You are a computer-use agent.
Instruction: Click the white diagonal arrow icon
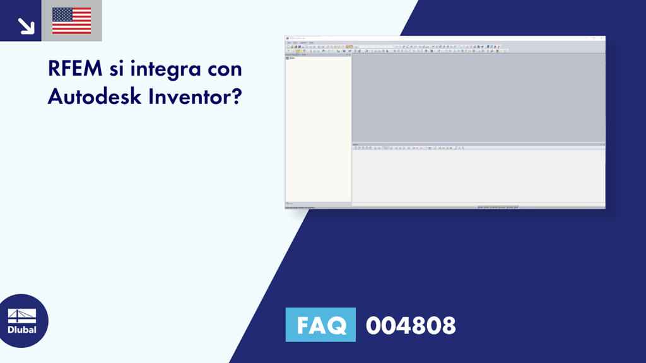click(x=26, y=25)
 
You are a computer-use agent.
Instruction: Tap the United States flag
click(x=71, y=21)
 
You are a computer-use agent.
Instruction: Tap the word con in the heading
click(x=222, y=69)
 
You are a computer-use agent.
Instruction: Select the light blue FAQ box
click(x=320, y=325)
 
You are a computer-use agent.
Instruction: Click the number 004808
click(x=411, y=326)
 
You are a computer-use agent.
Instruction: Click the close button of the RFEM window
click(x=602, y=38)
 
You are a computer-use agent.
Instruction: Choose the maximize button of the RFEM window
click(x=594, y=38)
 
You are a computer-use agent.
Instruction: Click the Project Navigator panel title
click(x=296, y=54)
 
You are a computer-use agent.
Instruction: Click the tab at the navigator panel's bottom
click(x=290, y=204)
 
